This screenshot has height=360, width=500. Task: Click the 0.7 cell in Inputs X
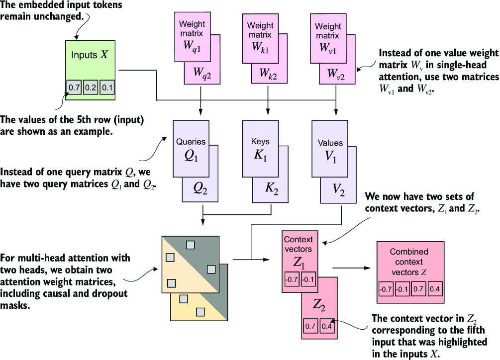coord(74,88)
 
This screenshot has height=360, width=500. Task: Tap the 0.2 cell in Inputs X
coord(91,88)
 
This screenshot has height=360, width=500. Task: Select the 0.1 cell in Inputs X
coord(107,88)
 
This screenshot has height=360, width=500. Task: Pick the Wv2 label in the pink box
coord(335,74)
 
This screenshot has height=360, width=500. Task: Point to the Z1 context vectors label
coord(300,262)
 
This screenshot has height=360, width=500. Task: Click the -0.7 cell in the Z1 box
coord(292,279)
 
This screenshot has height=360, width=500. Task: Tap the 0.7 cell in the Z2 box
coord(309,326)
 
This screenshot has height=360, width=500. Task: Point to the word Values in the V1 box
coord(330,143)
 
